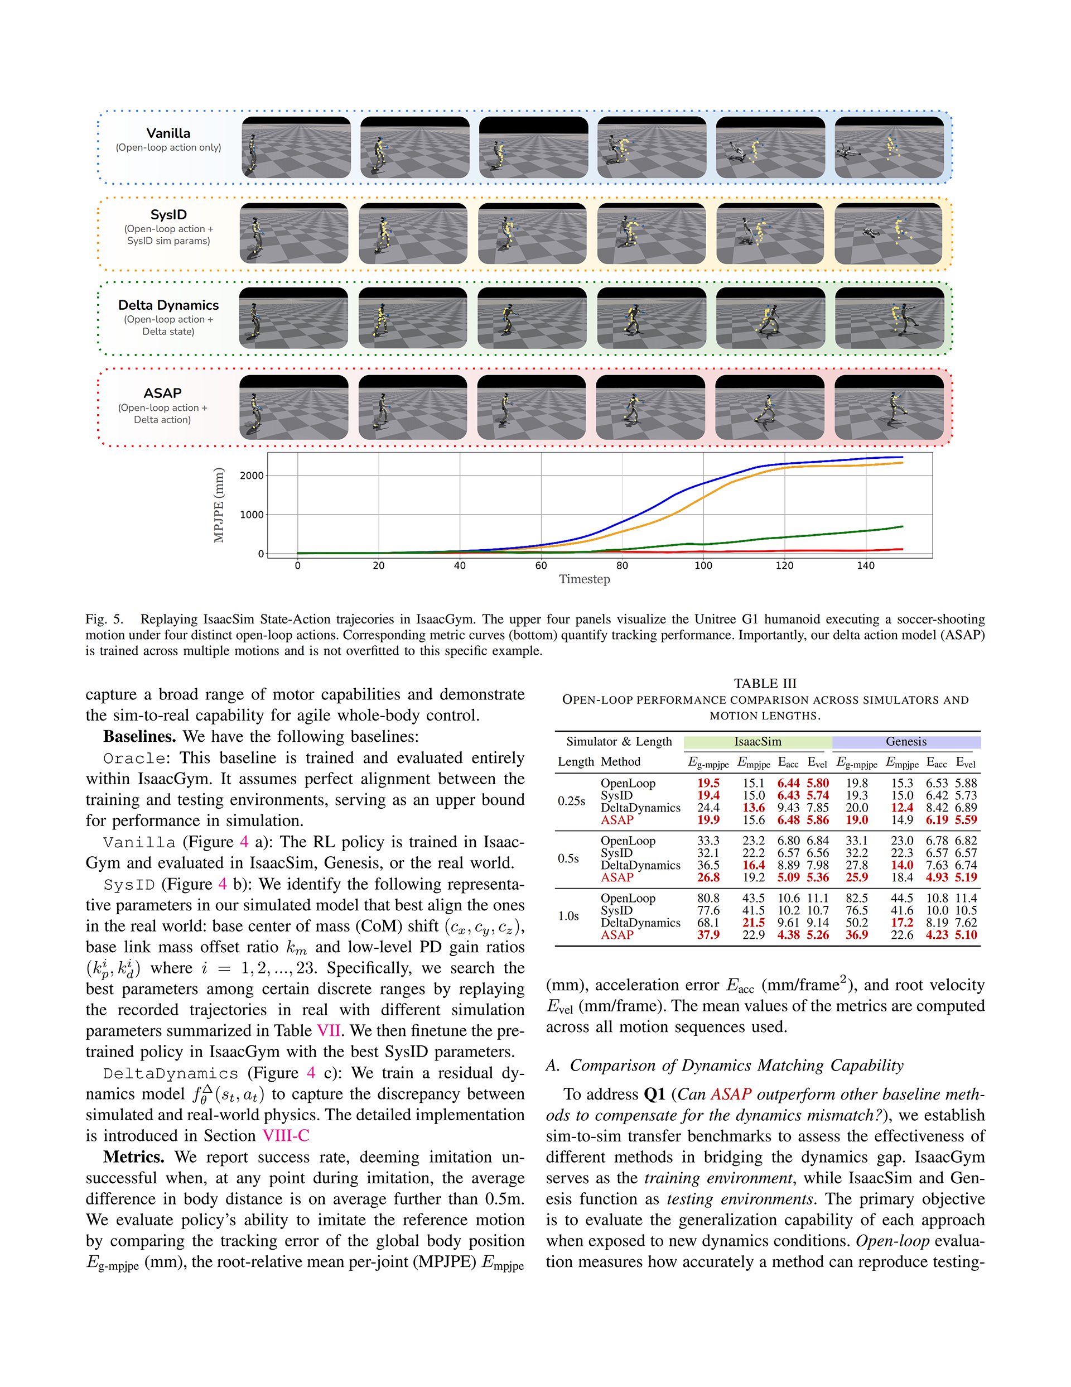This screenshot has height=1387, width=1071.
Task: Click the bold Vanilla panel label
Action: (x=168, y=133)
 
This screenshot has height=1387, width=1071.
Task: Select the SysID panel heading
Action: (x=168, y=215)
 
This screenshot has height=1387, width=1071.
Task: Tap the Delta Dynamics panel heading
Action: (x=168, y=305)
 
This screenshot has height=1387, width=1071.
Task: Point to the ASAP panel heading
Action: (x=162, y=393)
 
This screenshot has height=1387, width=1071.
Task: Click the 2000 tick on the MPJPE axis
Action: (x=252, y=476)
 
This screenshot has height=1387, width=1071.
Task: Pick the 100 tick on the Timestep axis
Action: (x=703, y=566)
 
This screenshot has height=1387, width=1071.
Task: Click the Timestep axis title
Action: (x=584, y=579)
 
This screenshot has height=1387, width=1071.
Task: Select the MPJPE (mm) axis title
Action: (x=219, y=505)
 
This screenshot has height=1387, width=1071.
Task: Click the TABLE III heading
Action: (x=765, y=683)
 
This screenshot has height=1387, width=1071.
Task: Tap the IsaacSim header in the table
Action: (x=758, y=742)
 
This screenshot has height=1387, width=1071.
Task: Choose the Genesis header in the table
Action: (x=906, y=742)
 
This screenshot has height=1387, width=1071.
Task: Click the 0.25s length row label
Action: (x=571, y=802)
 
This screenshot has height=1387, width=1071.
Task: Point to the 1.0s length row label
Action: (x=568, y=916)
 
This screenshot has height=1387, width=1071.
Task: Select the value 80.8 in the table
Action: (x=708, y=899)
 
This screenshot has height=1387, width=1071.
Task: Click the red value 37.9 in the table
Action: (x=708, y=935)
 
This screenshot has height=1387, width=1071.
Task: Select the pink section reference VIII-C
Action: (x=286, y=1135)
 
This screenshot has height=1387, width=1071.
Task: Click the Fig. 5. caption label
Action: (x=104, y=619)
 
